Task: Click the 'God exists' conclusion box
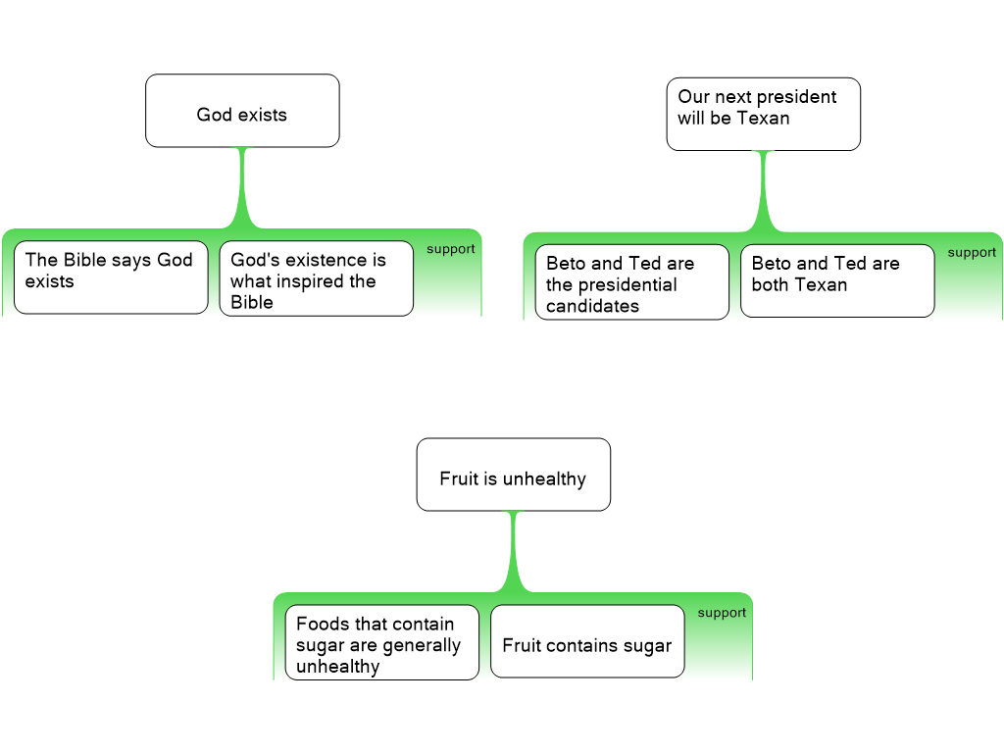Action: pos(242,111)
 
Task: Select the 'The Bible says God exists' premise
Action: pos(111,277)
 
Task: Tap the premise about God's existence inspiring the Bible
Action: pos(316,278)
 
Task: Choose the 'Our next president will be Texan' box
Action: pos(763,114)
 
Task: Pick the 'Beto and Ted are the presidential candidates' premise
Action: pos(631,282)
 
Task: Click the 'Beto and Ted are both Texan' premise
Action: pos(836,280)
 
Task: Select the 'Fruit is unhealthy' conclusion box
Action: pos(513,475)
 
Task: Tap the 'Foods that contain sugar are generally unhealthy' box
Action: pos(381,642)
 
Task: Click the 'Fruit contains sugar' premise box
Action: pos(587,641)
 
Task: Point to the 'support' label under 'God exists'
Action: pos(450,249)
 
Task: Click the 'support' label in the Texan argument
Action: pos(972,252)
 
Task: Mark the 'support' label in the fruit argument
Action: pos(722,613)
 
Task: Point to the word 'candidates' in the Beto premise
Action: pos(592,306)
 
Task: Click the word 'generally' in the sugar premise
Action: pos(421,645)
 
